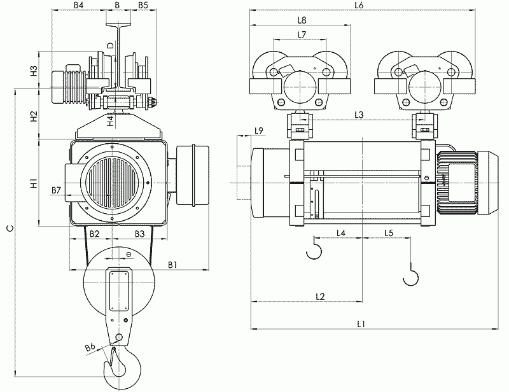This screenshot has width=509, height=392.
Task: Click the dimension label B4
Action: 78,5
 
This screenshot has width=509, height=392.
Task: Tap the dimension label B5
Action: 143,5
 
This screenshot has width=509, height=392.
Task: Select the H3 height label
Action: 34,71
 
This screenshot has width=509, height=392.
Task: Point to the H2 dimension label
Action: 34,116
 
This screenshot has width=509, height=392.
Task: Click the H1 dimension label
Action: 34,183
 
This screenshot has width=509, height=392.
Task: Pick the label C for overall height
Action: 11,228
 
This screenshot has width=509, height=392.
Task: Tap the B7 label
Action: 56,190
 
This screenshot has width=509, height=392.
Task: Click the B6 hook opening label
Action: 90,347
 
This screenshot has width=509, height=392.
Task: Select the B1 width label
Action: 172,265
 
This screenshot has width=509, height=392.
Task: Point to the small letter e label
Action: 129,254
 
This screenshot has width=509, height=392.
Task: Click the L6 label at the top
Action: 359,5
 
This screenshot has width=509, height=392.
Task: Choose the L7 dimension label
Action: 302,34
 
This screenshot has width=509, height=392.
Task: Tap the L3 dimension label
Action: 359,115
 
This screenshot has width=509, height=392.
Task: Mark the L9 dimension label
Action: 259,131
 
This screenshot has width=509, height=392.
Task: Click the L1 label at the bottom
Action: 361,324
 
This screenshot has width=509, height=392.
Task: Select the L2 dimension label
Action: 320,296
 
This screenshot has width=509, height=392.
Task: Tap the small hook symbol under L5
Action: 410,274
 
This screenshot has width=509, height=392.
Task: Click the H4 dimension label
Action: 111,121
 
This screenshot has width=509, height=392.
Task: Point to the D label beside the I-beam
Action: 111,45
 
